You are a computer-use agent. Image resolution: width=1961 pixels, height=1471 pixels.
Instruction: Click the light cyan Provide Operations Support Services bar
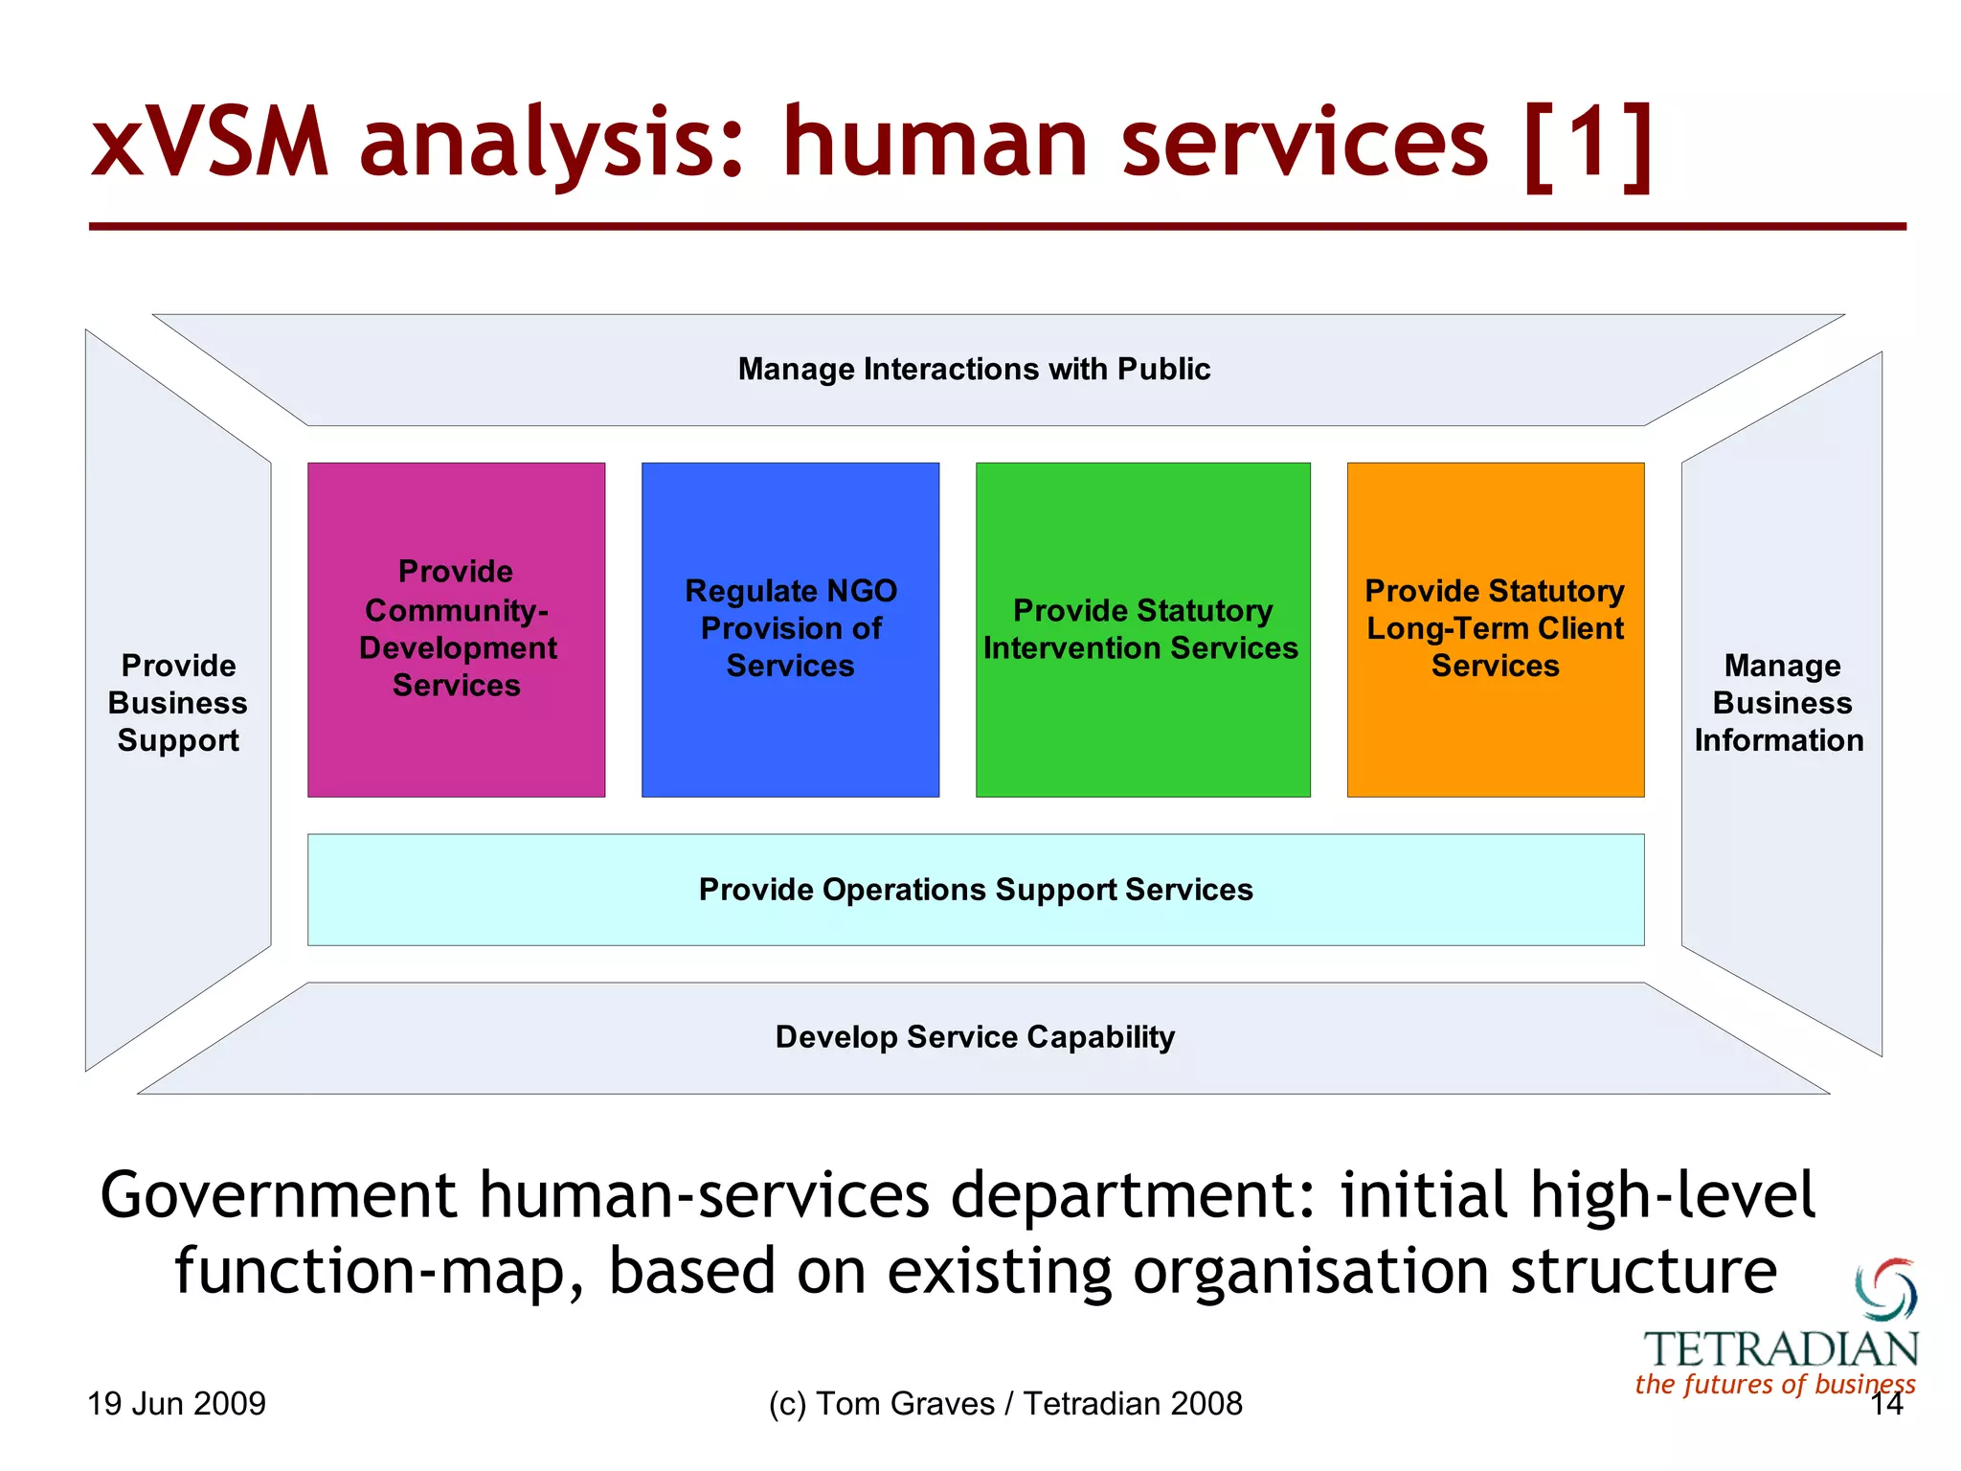pos(975,890)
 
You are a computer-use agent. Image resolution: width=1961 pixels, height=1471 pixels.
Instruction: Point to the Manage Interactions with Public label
pos(974,370)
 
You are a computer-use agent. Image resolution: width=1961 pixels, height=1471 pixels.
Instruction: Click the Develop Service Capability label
pos(975,1037)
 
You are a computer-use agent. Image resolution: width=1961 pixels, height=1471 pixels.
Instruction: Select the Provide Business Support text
pos(178,703)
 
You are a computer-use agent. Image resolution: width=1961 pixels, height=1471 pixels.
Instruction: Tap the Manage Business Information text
pos(1780,703)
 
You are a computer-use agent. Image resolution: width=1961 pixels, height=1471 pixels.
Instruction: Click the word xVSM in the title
pos(210,144)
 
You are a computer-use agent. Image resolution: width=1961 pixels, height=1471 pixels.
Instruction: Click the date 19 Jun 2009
pos(177,1404)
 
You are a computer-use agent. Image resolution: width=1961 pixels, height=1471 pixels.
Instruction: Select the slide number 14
pos(1886,1405)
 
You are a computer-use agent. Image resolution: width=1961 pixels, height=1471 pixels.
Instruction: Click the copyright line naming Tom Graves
pos(1004,1404)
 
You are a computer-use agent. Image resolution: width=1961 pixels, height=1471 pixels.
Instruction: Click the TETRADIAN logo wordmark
pos(1781,1349)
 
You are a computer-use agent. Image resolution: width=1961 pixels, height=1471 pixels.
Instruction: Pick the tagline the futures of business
pos(1774,1385)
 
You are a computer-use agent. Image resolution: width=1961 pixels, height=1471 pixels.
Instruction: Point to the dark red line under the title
pos(996,227)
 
